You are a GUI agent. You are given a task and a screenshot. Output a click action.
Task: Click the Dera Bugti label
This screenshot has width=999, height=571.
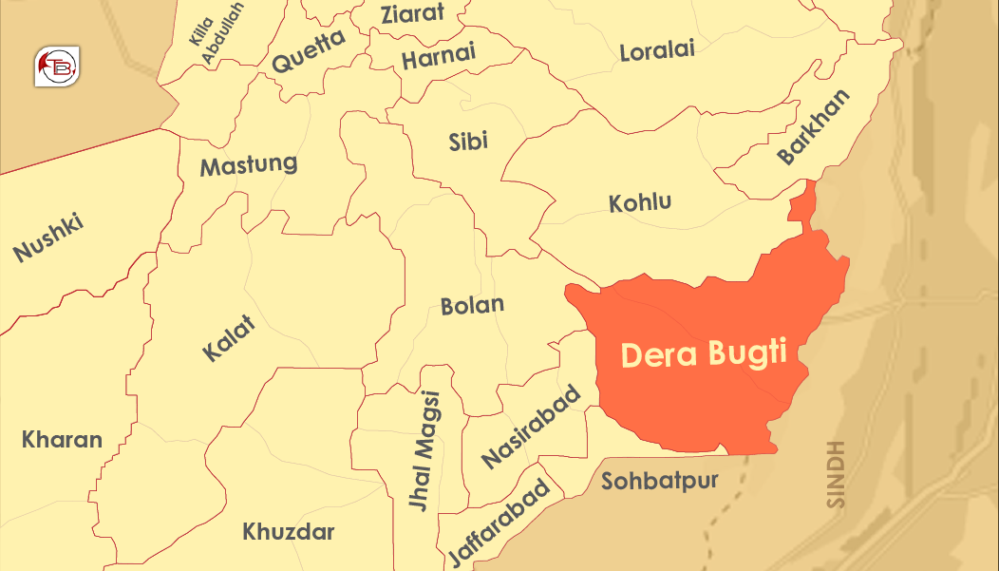704,354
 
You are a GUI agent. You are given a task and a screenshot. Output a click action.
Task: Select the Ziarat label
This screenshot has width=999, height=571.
413,14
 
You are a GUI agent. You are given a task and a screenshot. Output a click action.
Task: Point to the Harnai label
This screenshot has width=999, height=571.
438,59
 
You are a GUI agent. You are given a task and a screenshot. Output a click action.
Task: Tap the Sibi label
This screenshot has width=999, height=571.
468,142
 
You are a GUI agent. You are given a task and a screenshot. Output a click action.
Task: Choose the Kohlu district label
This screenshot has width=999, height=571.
640,202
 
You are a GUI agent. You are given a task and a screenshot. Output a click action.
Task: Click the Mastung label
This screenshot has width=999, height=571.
248,165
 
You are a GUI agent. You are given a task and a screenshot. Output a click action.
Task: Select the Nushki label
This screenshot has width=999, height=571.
48,238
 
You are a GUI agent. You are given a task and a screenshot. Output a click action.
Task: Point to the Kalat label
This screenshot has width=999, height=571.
229,337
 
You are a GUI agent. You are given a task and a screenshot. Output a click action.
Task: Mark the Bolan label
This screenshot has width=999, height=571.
472,306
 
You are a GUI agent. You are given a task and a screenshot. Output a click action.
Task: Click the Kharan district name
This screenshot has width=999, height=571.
62,440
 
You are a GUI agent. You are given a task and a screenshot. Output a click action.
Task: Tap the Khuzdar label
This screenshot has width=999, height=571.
288,531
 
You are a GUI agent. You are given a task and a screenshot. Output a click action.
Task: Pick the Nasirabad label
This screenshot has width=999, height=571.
530,427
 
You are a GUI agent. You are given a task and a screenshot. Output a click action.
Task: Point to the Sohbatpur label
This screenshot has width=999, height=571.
659,481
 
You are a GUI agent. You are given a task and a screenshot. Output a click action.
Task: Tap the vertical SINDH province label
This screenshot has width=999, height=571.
836,474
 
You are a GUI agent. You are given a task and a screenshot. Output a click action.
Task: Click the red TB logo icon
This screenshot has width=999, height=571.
57,67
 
